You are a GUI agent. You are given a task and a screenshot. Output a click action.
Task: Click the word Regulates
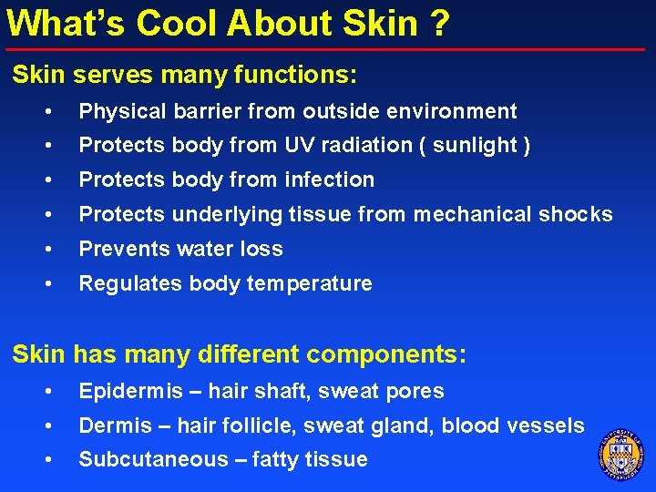123,283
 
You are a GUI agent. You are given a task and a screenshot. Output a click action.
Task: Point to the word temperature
310,284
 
